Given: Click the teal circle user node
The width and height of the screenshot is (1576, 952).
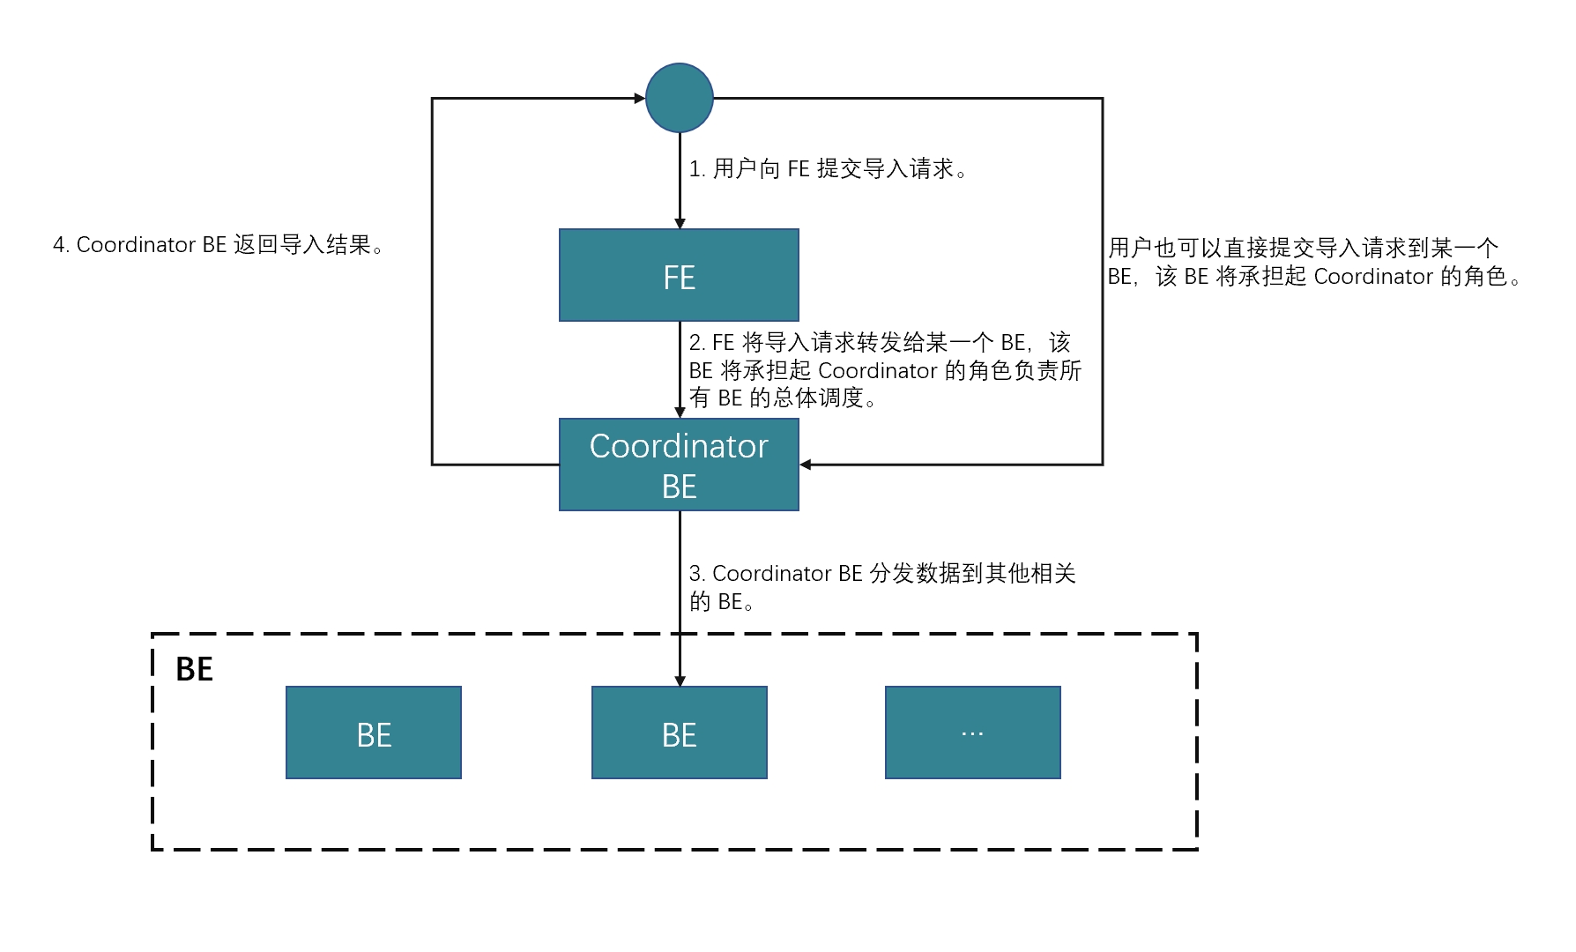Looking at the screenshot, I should (x=679, y=98).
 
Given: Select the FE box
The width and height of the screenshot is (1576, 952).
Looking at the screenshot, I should (x=679, y=275).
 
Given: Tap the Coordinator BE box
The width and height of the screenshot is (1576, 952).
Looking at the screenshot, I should (x=679, y=465).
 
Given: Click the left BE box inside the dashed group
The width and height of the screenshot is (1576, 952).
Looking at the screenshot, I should (x=374, y=733).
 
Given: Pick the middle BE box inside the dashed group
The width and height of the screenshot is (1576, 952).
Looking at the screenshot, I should (x=679, y=733).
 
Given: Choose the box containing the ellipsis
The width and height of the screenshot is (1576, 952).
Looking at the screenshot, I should (x=972, y=733).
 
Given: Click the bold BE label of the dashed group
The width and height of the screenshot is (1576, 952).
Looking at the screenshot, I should (x=194, y=670).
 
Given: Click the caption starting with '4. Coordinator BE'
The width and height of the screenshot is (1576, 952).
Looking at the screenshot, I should (x=218, y=245).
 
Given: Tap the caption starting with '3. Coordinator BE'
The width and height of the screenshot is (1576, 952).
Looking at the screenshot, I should (x=881, y=587).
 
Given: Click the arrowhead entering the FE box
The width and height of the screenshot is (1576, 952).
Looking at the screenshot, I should (x=680, y=224).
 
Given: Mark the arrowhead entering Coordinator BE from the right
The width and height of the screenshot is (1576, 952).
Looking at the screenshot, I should (x=806, y=465).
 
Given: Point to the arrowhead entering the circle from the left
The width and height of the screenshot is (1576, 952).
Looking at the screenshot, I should (x=640, y=99).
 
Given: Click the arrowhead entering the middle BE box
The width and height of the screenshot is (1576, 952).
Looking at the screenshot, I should (x=680, y=681).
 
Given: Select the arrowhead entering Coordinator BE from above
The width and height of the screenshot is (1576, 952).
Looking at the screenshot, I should (x=680, y=413).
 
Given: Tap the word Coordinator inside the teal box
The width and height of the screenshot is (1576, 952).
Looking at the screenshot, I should (x=679, y=446).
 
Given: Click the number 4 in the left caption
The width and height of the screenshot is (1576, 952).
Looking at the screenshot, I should (x=58, y=245).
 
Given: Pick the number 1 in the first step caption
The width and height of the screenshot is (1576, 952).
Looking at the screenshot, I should (x=694, y=169).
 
